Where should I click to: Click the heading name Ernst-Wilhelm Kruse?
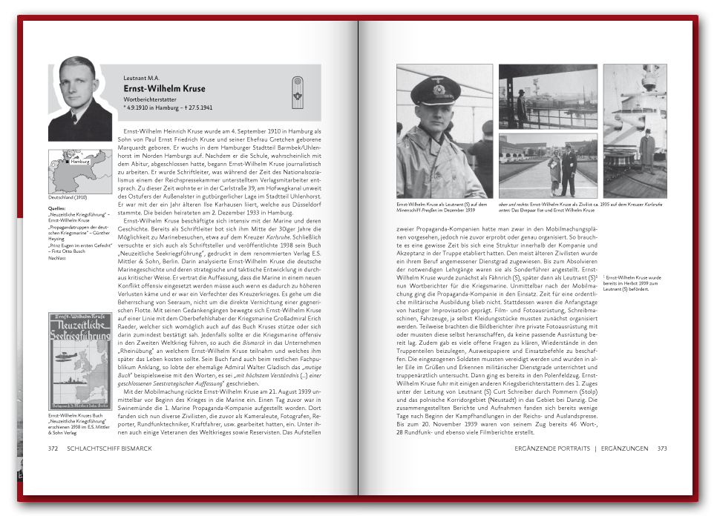(x=164, y=89)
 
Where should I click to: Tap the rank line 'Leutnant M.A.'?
(x=142, y=77)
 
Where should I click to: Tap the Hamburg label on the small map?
(x=79, y=160)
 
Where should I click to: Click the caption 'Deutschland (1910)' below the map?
(x=68, y=198)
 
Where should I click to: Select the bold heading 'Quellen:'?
(x=56, y=209)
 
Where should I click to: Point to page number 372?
(x=53, y=449)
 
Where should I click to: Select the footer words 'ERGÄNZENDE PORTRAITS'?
(x=552, y=449)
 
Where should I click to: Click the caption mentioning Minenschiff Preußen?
(x=442, y=207)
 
